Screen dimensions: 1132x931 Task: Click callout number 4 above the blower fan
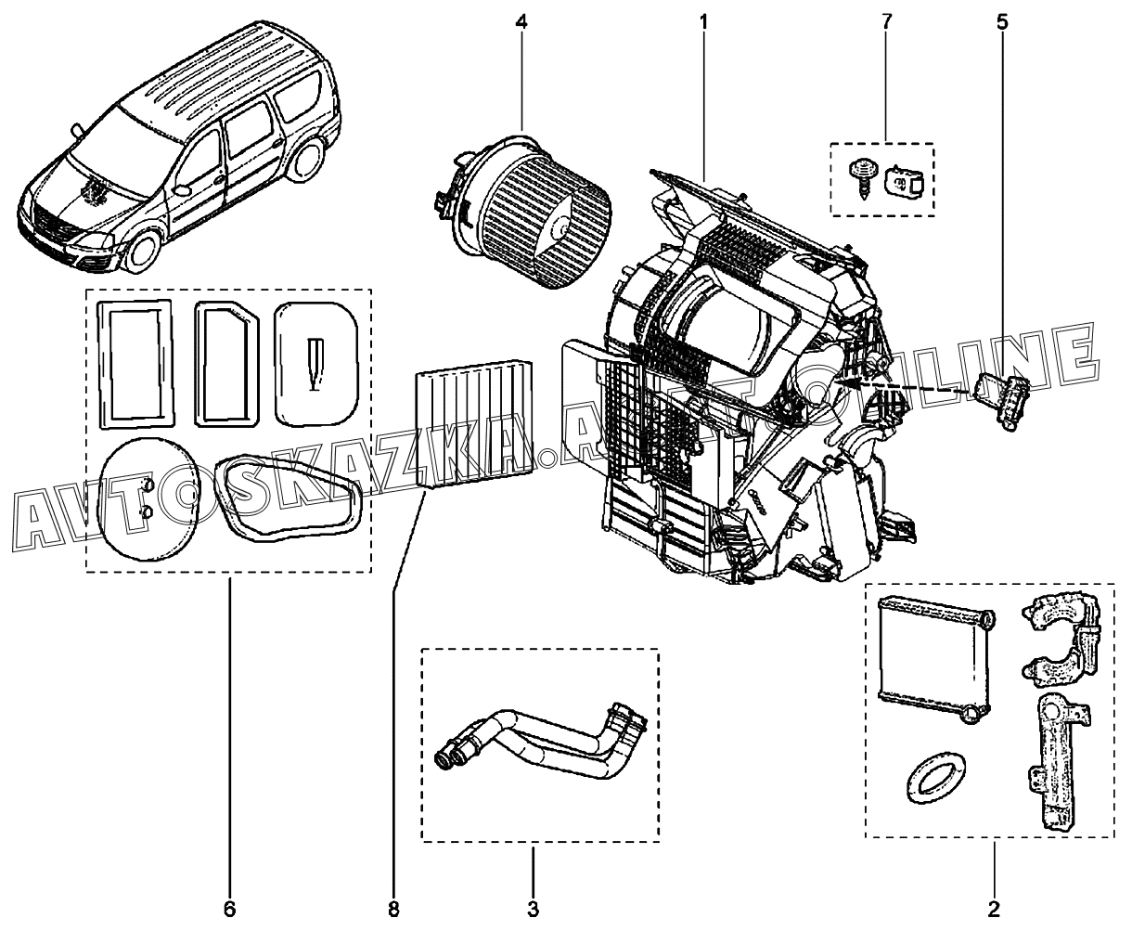coord(521,22)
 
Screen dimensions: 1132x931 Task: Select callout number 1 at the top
coord(703,22)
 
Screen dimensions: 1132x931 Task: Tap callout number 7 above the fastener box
coord(886,22)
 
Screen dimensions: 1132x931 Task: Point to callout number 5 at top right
coord(1002,22)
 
